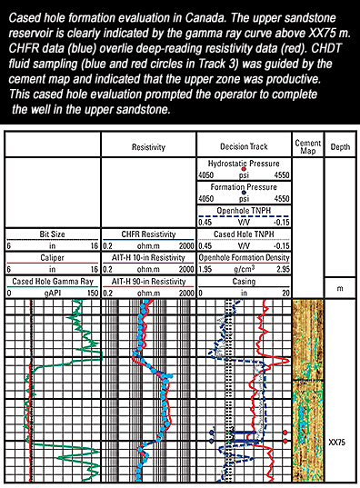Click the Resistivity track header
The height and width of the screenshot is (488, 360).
click(148, 147)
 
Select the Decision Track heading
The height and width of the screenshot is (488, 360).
click(244, 146)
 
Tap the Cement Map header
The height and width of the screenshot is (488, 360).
click(307, 146)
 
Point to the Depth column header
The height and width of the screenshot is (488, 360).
click(340, 146)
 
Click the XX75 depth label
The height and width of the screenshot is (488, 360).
click(337, 442)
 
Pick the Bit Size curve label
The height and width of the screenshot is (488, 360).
click(52, 234)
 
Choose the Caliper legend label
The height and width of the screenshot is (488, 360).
click(52, 258)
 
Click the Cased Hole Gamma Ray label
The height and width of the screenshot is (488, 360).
click(53, 282)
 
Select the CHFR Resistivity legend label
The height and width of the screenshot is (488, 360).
click(148, 234)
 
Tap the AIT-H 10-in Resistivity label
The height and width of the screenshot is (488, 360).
click(148, 258)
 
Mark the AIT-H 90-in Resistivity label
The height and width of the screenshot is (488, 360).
click(148, 282)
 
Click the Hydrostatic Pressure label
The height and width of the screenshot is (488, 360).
click(244, 164)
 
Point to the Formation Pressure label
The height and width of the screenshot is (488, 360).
click(244, 187)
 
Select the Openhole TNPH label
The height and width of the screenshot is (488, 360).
click(244, 211)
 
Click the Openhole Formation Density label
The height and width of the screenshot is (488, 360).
click(244, 258)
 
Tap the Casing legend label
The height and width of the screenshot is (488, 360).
click(244, 282)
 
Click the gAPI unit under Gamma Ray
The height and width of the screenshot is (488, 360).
click(53, 293)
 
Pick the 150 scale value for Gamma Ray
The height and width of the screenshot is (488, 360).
click(93, 293)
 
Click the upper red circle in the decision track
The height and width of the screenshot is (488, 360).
click(285, 433)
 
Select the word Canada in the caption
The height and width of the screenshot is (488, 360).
click(205, 18)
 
